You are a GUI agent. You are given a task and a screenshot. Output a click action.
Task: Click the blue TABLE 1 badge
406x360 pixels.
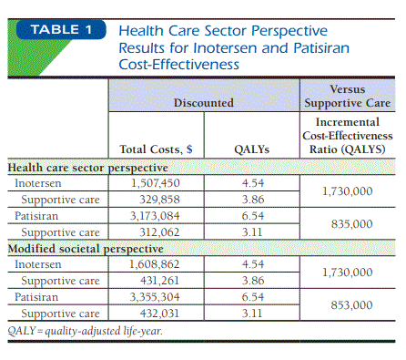coord(61,30)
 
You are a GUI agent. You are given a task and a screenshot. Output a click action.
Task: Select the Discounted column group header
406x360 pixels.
coord(204,103)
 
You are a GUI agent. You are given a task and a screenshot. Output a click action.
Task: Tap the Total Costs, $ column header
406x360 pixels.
coord(156,149)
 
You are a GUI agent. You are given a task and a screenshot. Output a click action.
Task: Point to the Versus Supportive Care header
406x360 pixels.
coord(348,96)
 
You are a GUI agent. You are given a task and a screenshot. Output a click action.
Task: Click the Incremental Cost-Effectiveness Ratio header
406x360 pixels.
coord(348,136)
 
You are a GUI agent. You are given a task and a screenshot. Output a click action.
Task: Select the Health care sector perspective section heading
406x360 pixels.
coord(87,168)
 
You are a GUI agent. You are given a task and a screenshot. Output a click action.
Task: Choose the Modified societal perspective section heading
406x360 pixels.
coord(86,249)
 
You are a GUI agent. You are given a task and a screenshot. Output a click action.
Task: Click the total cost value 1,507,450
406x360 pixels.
coord(155,183)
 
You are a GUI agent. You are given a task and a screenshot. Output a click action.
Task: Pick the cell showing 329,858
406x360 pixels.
coord(159,200)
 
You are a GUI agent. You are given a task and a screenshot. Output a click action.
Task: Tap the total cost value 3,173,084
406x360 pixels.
coord(155,216)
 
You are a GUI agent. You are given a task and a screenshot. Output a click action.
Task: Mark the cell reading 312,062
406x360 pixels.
coord(159,232)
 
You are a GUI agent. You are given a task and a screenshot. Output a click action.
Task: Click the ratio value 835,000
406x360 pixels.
coord(351,224)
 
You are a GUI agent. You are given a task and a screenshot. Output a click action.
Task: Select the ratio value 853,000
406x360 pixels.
coord(351,305)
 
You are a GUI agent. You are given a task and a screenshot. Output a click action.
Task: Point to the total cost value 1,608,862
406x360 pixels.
coord(155,264)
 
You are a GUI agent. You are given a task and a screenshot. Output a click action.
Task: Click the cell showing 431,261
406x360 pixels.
coord(159,281)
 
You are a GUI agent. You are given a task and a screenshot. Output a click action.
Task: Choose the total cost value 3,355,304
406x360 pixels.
coord(155,297)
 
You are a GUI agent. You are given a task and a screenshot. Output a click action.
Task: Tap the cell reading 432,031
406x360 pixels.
coord(159,314)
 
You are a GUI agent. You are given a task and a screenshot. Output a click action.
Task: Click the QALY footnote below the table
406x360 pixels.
coord(86,331)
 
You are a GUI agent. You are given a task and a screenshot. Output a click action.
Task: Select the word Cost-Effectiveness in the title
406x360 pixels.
coord(179,65)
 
